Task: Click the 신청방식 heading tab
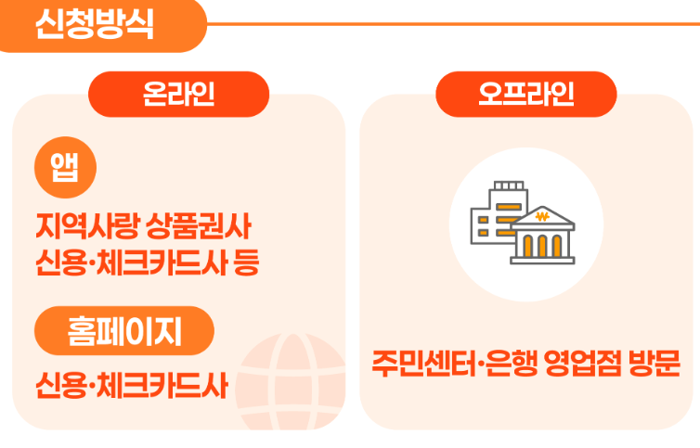(93, 23)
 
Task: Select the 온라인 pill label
(178, 94)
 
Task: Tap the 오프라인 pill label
(525, 94)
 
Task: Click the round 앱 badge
(65, 165)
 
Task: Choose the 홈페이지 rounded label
(124, 330)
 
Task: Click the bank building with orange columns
(542, 237)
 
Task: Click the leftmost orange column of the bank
(525, 246)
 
